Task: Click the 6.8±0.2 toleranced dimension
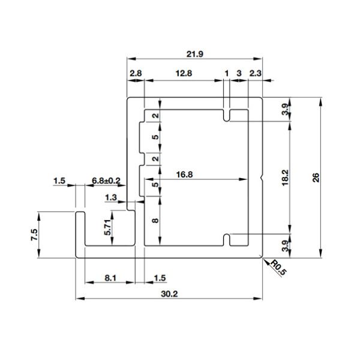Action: click(106, 181)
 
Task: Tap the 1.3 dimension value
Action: click(111, 197)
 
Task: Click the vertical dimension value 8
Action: click(155, 221)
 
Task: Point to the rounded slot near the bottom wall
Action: click(227, 239)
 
